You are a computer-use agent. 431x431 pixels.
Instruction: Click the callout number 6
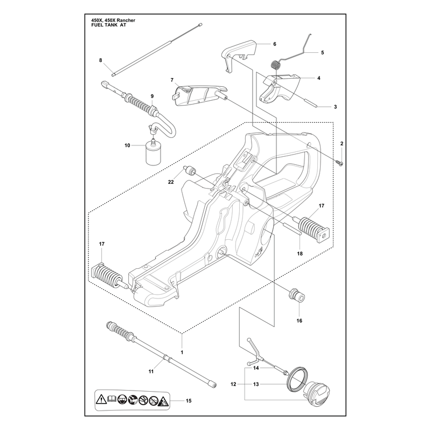[x=275, y=44]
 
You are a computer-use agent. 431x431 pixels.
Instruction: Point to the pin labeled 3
[x=311, y=102]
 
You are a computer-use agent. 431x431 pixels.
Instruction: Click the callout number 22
[x=171, y=182]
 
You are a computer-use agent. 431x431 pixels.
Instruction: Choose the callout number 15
[x=189, y=401]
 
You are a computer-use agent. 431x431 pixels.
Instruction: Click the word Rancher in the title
[x=125, y=20]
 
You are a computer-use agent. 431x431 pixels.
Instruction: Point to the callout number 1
[x=182, y=352]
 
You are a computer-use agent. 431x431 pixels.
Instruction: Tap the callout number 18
[x=300, y=253]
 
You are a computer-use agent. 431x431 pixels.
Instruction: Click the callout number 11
[x=151, y=371]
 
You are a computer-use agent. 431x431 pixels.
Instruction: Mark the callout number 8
[x=101, y=60]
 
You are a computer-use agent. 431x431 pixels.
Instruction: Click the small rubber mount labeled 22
[x=190, y=171]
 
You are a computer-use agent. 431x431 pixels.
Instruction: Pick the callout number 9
[x=152, y=96]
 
